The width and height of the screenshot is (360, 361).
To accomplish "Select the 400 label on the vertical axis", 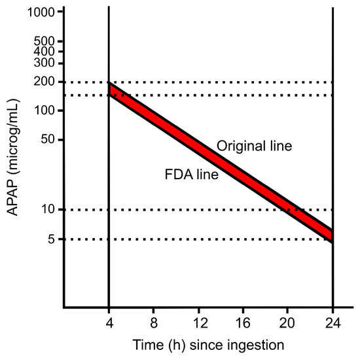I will point(43,51).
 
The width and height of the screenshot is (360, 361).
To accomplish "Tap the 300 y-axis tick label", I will point(43,63).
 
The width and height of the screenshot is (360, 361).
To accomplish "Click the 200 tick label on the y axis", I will point(43,82).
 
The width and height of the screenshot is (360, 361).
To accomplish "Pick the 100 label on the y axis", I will point(43,111).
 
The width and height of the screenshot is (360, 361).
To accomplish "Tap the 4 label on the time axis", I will point(108,322).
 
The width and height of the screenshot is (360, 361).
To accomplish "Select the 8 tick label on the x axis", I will point(153,322).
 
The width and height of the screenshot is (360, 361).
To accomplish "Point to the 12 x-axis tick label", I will point(198,322).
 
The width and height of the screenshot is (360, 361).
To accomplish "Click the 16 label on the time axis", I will point(243,322).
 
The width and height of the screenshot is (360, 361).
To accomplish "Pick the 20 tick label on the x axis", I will point(288,322).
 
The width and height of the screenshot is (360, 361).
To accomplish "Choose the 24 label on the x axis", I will point(333,322).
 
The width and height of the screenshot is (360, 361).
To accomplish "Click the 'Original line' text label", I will point(254,146).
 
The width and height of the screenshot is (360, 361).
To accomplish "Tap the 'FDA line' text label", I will point(191,175).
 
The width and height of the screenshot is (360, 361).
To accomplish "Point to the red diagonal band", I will point(221,162).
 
